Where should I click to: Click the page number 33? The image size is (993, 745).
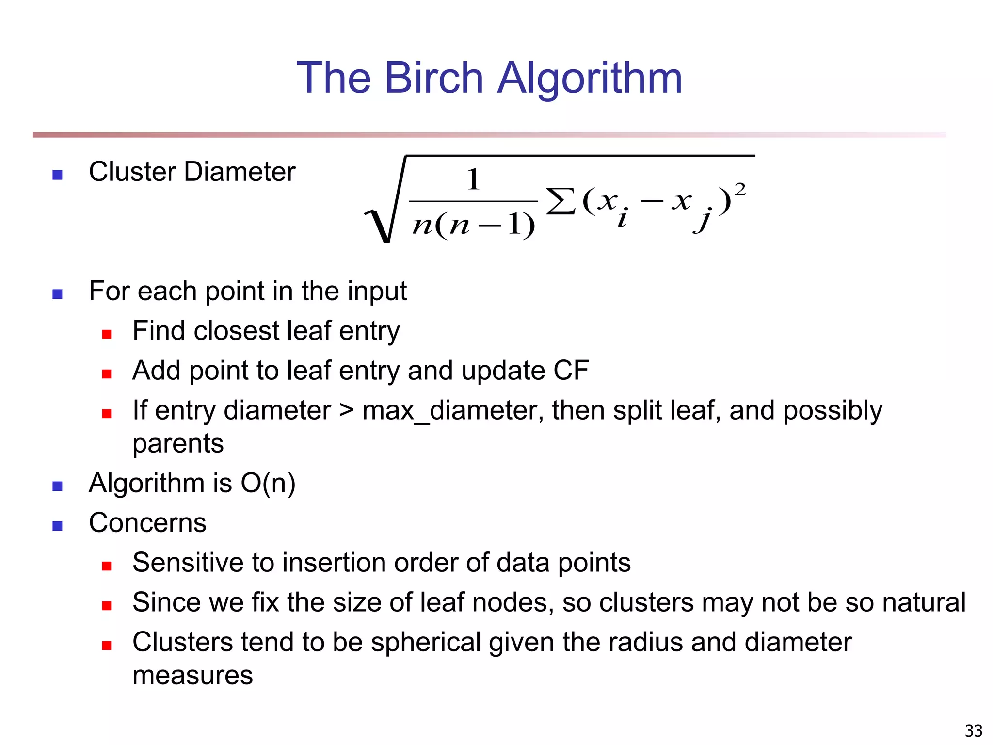[973, 730]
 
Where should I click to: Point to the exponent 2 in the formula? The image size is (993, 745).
[740, 189]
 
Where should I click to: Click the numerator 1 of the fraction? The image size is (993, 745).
[473, 179]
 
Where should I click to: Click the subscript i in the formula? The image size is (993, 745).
[623, 218]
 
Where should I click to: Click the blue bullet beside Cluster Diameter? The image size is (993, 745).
[57, 175]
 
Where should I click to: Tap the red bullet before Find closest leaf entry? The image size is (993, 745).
[107, 334]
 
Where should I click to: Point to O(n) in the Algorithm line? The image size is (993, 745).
[268, 484]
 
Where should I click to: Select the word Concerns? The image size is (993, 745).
[147, 523]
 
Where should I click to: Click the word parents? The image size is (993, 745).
[178, 444]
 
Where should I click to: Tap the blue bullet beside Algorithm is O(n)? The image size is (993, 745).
[57, 486]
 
